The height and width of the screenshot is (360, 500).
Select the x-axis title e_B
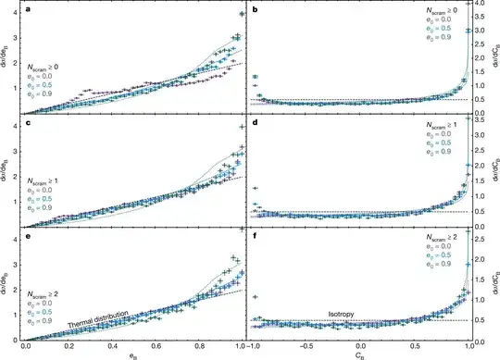click(133, 354)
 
